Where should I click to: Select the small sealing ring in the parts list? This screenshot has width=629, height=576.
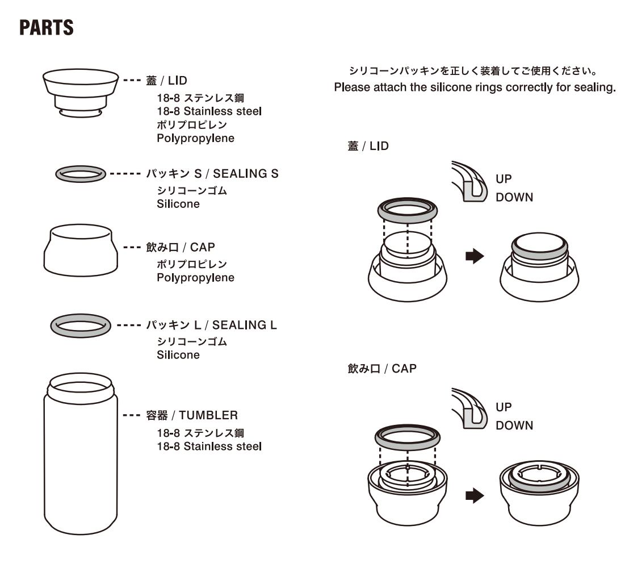[81, 174]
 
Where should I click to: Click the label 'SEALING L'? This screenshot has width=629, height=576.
[244, 325]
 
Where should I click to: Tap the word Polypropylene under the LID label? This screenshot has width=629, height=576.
[195, 139]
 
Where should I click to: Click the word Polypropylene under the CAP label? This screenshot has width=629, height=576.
[195, 278]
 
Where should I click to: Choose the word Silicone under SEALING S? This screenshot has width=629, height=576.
[178, 204]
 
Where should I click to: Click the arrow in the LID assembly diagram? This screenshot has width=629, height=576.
[473, 256]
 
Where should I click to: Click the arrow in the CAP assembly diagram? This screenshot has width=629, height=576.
[473, 495]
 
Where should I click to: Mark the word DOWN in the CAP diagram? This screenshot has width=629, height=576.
[514, 426]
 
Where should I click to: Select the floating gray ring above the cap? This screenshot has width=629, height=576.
[407, 437]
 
